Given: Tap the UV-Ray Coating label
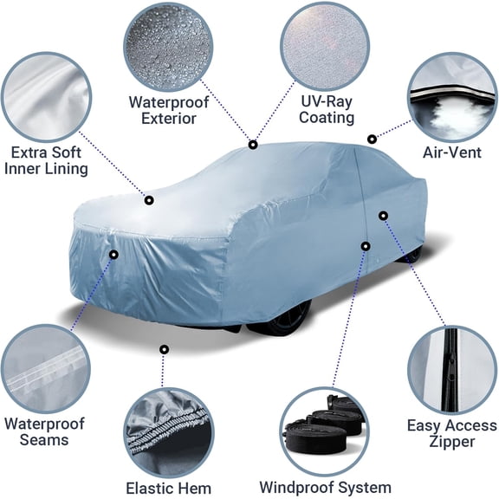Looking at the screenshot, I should (327, 108).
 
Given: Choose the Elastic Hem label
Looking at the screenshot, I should (168, 488).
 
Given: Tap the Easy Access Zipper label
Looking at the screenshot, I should (452, 433).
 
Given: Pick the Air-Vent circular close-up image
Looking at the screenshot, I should (450, 95).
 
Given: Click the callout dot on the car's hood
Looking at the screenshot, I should (149, 200).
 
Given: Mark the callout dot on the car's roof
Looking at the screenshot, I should (253, 145).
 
